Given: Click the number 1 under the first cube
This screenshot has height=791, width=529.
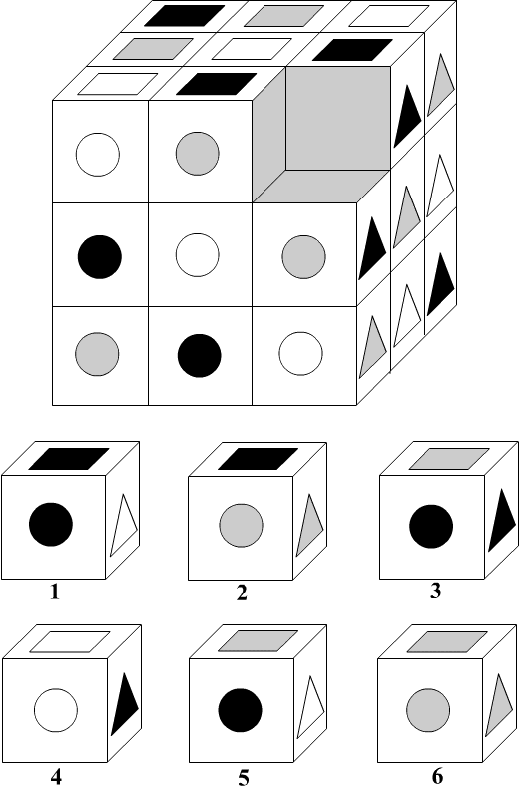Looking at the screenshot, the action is pyautogui.click(x=55, y=592).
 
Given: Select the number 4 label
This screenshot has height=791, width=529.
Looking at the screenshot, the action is pyautogui.click(x=56, y=777).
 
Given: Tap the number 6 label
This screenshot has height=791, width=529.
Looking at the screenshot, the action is pyautogui.click(x=437, y=776).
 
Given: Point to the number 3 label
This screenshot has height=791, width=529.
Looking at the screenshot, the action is pyautogui.click(x=435, y=591).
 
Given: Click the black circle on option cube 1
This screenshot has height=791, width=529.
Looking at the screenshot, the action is pyautogui.click(x=51, y=524).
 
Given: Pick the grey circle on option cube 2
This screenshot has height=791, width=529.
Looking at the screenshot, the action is pyautogui.click(x=241, y=525).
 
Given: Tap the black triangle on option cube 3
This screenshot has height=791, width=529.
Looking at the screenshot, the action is pyautogui.click(x=502, y=520).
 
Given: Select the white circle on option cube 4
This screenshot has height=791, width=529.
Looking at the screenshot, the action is pyautogui.click(x=56, y=710).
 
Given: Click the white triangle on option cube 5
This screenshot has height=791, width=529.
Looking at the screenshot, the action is pyautogui.click(x=311, y=707).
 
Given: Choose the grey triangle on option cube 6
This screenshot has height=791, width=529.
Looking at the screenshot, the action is pyautogui.click(x=499, y=705).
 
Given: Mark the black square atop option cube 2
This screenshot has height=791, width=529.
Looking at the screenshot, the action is pyautogui.click(x=258, y=459).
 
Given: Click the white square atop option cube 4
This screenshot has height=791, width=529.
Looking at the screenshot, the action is pyautogui.click(x=70, y=642).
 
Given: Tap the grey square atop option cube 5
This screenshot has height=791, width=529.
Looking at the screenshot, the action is pyautogui.click(x=258, y=641).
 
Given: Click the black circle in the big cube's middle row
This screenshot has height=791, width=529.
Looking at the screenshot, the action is pyautogui.click(x=100, y=256).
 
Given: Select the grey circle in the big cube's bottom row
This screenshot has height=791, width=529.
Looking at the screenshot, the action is pyautogui.click(x=97, y=354).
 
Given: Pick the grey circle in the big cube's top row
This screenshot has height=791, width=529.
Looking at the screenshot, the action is pyautogui.click(x=198, y=154).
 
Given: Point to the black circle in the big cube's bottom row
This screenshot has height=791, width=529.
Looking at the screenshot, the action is pyautogui.click(x=199, y=356).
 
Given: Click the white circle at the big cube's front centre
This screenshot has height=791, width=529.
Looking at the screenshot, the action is pyautogui.click(x=198, y=255).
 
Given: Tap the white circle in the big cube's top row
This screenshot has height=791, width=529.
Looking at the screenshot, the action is pyautogui.click(x=98, y=155).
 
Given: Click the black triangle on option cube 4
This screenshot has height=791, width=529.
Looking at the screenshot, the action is pyautogui.click(x=125, y=704).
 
